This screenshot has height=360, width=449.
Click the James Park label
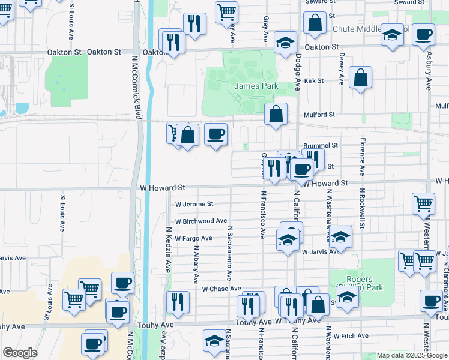click(256, 86)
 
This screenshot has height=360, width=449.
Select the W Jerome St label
click(194, 204)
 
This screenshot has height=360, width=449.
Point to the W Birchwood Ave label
click(201, 221)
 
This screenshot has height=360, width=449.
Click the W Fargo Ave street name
click(193, 238)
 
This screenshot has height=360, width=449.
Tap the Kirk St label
click(313, 80)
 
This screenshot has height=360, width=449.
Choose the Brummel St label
click(321, 145)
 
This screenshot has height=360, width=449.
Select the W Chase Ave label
click(221, 289)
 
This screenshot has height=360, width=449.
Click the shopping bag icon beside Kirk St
click(360, 78)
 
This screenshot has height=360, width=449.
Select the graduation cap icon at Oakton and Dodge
click(286, 43)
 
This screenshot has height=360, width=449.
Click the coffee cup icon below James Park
click(216, 134)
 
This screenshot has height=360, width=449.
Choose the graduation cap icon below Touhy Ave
click(214, 340)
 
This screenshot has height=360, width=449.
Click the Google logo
click(20, 353)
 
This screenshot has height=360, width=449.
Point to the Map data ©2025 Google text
click(411, 356)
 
